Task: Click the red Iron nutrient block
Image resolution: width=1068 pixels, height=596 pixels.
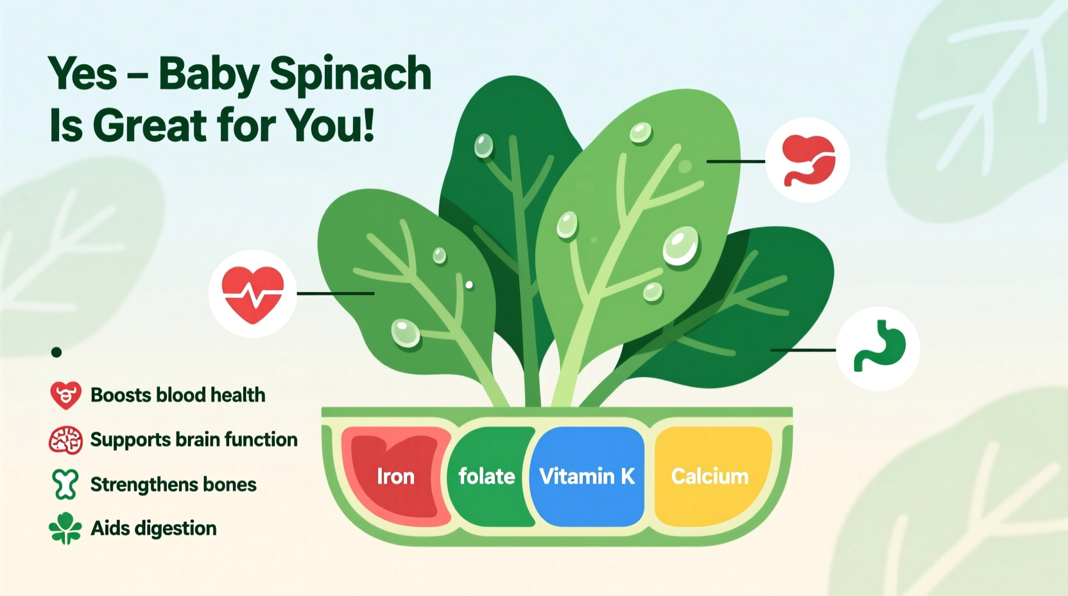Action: (x=395, y=477)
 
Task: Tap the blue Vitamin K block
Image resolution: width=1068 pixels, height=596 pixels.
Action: (x=587, y=477)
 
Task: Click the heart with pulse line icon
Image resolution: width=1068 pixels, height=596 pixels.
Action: (x=253, y=294)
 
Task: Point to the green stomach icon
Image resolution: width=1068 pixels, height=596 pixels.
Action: (x=879, y=348)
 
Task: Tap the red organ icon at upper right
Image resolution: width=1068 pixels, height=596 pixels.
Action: (x=808, y=161)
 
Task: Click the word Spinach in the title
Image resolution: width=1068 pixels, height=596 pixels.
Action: (x=350, y=74)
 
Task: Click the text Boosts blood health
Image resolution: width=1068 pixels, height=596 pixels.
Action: (x=178, y=395)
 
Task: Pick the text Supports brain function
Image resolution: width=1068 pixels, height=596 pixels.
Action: (x=194, y=440)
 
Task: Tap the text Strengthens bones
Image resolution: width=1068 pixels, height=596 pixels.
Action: (x=173, y=484)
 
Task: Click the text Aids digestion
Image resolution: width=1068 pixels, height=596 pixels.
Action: (x=154, y=529)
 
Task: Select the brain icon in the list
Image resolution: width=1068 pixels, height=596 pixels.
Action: (x=65, y=441)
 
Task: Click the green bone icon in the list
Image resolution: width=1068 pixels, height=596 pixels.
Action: (x=65, y=484)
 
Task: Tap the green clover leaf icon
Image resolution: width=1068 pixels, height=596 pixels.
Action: (x=65, y=529)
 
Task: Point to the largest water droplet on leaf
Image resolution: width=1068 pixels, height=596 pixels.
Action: (x=680, y=246)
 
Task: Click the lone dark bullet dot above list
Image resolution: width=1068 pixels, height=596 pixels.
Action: (x=56, y=352)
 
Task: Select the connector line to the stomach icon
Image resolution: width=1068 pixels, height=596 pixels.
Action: (x=802, y=350)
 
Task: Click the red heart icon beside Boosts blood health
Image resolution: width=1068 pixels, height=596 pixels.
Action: (x=65, y=396)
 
